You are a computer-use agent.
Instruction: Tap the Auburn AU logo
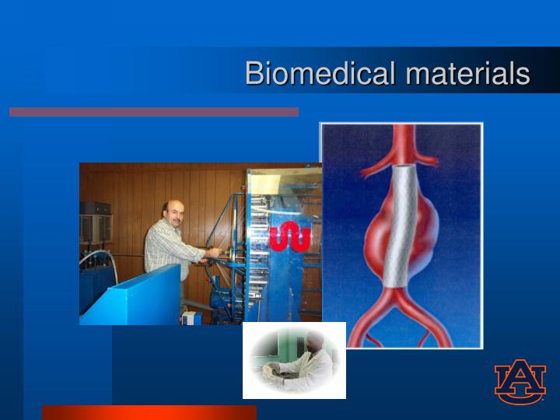point(520,382)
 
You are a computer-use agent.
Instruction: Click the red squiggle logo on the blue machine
point(290,237)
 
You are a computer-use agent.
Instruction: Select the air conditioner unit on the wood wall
point(95,222)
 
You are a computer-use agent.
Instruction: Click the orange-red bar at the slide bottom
point(149,412)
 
